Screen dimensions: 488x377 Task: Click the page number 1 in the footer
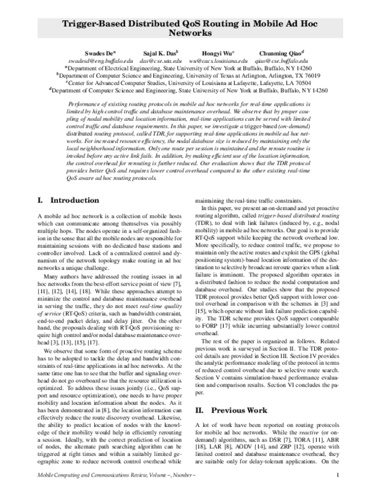pos(339,475)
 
